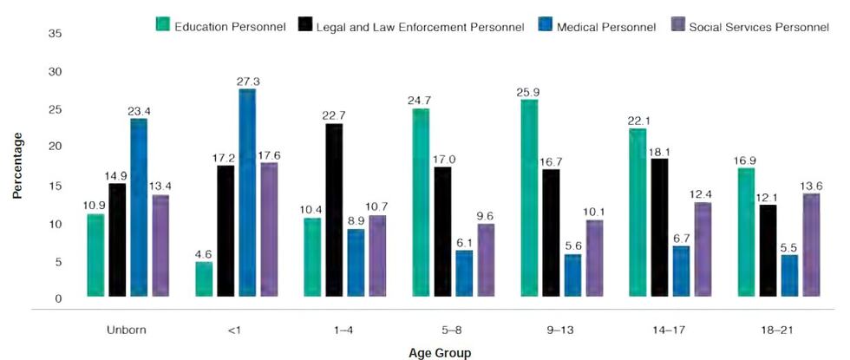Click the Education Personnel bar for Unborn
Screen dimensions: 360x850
96,255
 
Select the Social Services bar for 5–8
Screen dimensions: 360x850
486,259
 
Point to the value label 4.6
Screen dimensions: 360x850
204,252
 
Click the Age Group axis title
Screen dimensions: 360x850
441,353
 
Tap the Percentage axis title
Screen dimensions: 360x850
16,165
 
